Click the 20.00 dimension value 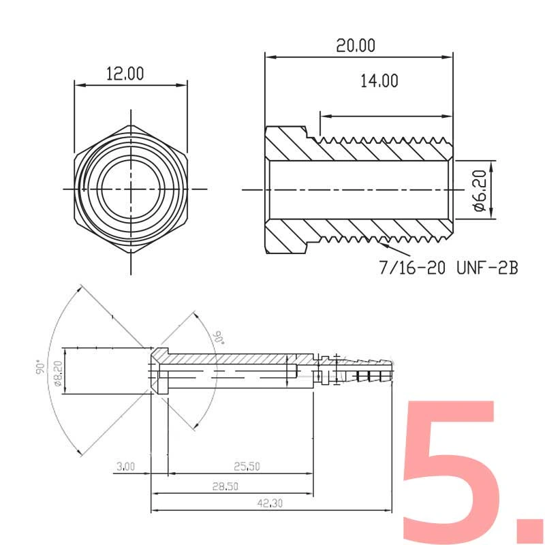(356, 46)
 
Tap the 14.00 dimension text (379, 81)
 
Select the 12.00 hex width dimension (125, 74)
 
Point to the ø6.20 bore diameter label (480, 190)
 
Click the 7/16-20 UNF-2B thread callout (448, 268)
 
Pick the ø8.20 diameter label (58, 373)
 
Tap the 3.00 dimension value (125, 466)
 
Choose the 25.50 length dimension (247, 466)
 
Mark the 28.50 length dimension (225, 486)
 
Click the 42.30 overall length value (270, 503)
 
